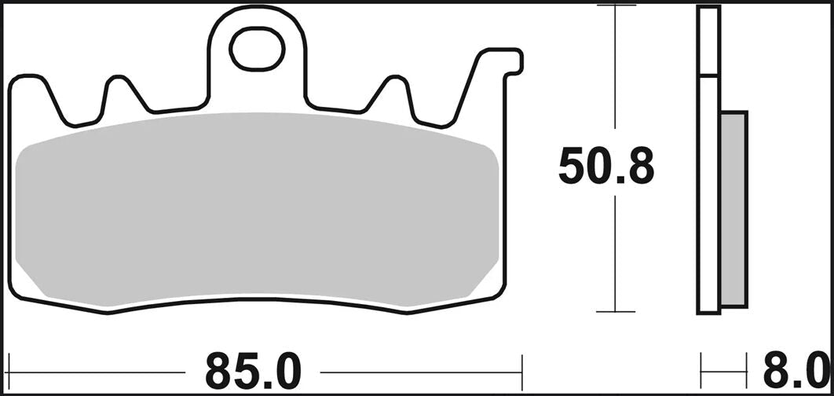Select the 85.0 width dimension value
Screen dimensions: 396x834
(x=253, y=368)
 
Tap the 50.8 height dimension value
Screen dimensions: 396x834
(x=605, y=167)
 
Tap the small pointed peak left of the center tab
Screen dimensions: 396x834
(x=120, y=90)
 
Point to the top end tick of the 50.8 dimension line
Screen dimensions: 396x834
(x=616, y=6)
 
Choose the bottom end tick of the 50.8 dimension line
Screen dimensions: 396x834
(x=616, y=311)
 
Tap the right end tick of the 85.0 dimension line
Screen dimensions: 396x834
(x=521, y=366)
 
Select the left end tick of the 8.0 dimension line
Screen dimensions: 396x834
(x=701, y=366)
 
